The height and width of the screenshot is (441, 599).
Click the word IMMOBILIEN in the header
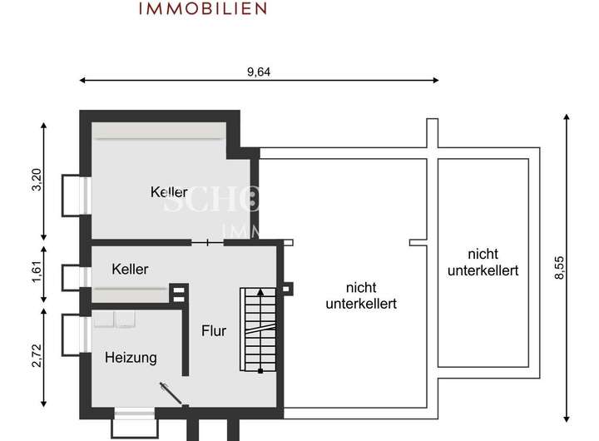point(203,9)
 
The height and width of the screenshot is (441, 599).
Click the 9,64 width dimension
point(260,72)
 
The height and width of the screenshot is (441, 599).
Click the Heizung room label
point(131,358)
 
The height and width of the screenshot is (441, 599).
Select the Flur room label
point(214,330)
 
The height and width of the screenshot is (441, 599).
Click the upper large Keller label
point(169,192)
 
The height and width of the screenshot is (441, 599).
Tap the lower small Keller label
point(131,270)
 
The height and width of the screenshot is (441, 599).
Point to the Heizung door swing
point(171,393)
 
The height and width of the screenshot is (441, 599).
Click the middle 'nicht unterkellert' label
point(359,296)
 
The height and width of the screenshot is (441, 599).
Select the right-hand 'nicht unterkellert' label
point(483,262)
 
